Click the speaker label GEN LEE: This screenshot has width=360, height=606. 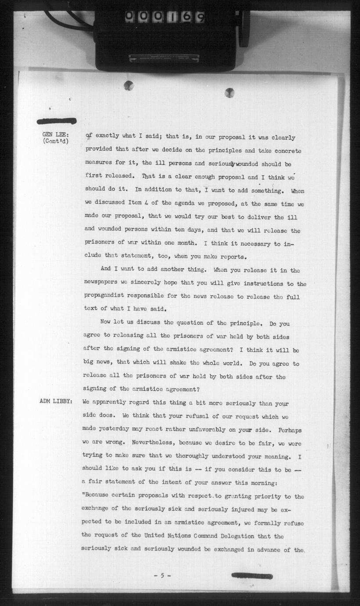55,134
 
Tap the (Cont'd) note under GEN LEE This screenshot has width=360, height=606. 56,141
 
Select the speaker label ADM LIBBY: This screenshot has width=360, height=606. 55,402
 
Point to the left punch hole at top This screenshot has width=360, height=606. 129,86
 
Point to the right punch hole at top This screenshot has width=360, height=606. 229,93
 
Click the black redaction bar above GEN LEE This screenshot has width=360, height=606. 57,121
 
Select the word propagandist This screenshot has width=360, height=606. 107,297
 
